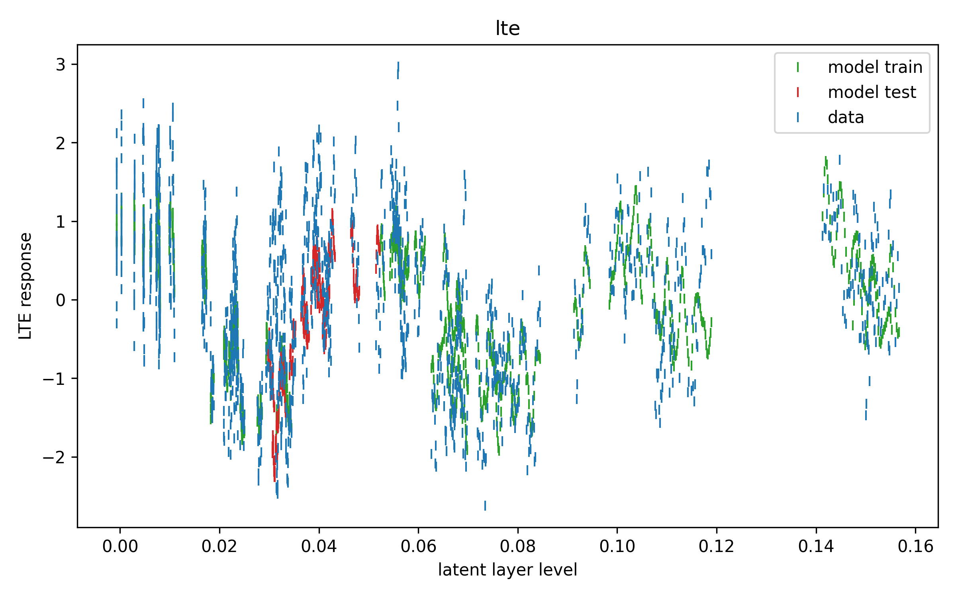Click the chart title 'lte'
tap(507, 28)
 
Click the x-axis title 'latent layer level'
tap(507, 570)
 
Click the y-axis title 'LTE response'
tap(25, 286)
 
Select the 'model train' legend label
tap(875, 67)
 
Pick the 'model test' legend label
tap(872, 92)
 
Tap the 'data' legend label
tap(846, 117)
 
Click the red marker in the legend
tap(797, 92)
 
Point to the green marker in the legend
tap(797, 67)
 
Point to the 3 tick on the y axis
tap(61, 64)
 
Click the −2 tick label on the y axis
tap(54, 457)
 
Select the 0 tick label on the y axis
tap(61, 300)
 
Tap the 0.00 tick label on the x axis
tap(120, 546)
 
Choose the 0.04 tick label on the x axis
tap(319, 546)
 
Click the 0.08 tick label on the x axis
tap(517, 546)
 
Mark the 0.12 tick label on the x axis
tap(716, 546)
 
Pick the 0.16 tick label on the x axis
tap(915, 546)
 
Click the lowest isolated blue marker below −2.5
tap(485, 505)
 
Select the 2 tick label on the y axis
tap(61, 143)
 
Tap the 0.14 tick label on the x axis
tap(816, 546)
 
